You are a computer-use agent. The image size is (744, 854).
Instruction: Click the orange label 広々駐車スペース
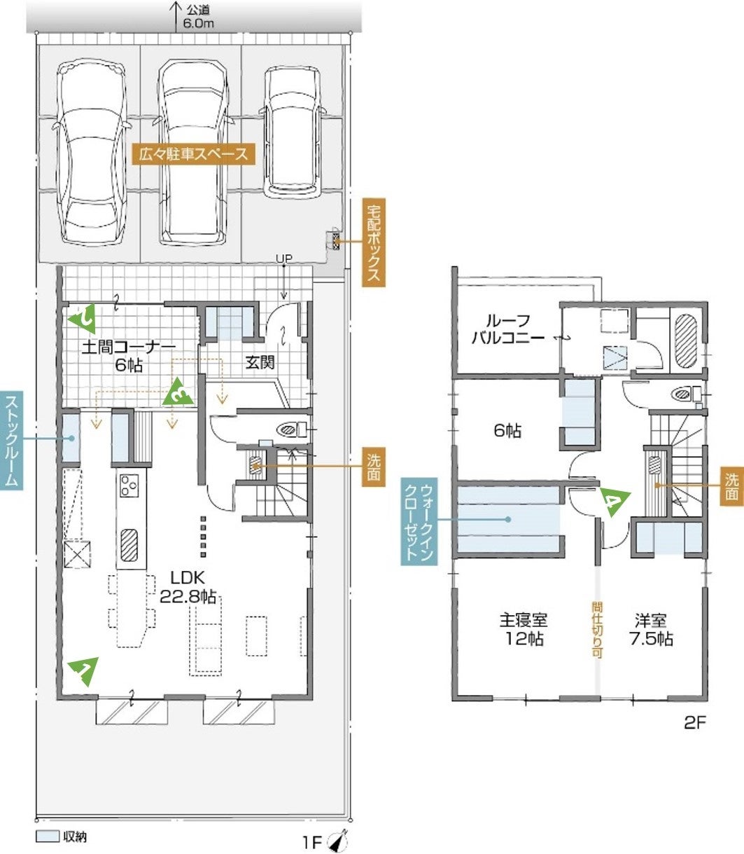(x=193, y=154)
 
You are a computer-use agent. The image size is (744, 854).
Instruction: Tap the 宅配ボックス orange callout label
(x=374, y=242)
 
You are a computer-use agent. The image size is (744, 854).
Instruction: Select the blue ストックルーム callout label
(x=11, y=441)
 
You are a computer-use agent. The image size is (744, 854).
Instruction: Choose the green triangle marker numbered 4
(x=614, y=502)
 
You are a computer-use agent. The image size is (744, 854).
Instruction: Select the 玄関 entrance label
(x=260, y=363)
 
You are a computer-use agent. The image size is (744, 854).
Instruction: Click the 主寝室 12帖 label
(x=524, y=629)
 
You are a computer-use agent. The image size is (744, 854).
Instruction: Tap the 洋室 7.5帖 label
(x=651, y=629)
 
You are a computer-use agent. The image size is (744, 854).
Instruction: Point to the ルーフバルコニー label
(x=508, y=329)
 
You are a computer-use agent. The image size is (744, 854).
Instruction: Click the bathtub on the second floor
(x=686, y=341)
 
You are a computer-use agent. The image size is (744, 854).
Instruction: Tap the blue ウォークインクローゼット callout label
(x=419, y=521)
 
